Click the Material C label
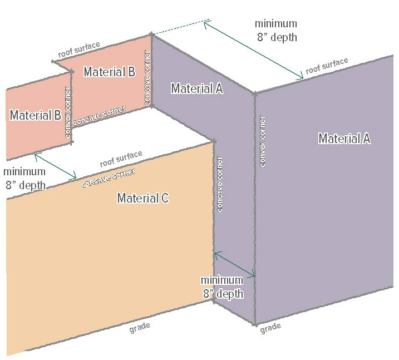pos(143,198)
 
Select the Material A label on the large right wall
pos(344,139)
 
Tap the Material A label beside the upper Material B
pos(197,88)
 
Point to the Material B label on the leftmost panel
pos(36,115)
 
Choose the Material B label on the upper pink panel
pos(110,72)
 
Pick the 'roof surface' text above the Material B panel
pos(80,50)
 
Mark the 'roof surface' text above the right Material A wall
pos(327,66)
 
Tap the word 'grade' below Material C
pos(140,327)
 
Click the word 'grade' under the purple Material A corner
pos(270,327)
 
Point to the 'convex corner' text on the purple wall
pos(262,141)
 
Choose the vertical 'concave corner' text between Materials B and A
pos(147,78)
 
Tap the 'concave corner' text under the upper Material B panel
pos(99,114)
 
